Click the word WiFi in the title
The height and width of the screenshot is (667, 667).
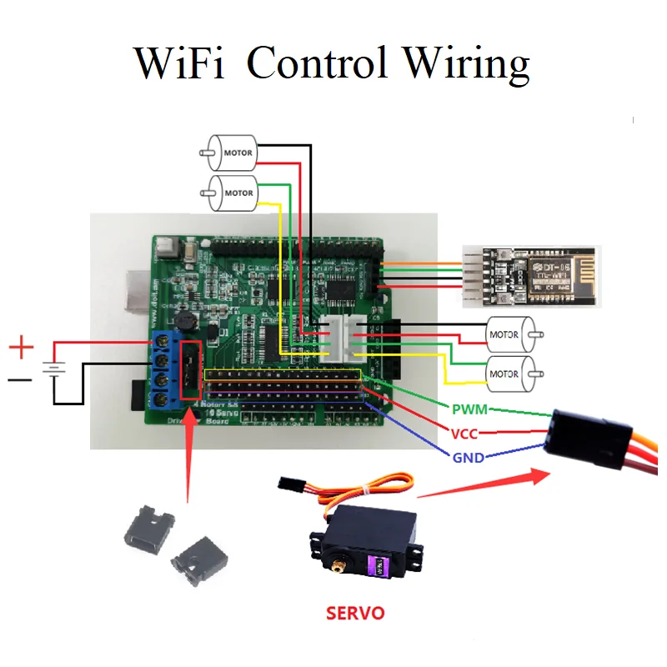tap(178, 64)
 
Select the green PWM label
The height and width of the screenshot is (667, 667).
tap(469, 409)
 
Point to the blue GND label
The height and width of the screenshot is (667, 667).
tap(468, 457)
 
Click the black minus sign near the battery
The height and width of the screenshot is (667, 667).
tap(20, 383)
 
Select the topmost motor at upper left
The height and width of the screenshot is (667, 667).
tap(233, 153)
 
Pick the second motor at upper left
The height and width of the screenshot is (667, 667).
tap(233, 193)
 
